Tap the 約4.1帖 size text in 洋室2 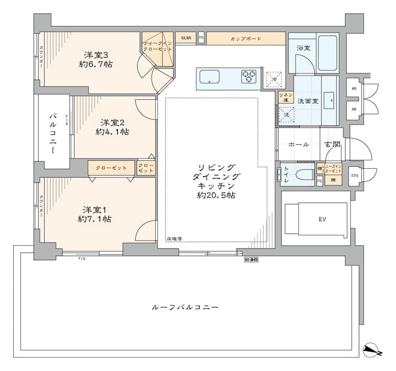tap(112, 132)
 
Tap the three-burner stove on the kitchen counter tap(249, 77)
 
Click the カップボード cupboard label tap(246, 39)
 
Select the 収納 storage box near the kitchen tap(185, 39)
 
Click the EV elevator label tap(322, 218)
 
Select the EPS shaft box tap(355, 175)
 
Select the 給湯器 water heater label tap(251, 260)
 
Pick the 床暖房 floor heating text tap(174, 239)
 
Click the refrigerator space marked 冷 tap(274, 79)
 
